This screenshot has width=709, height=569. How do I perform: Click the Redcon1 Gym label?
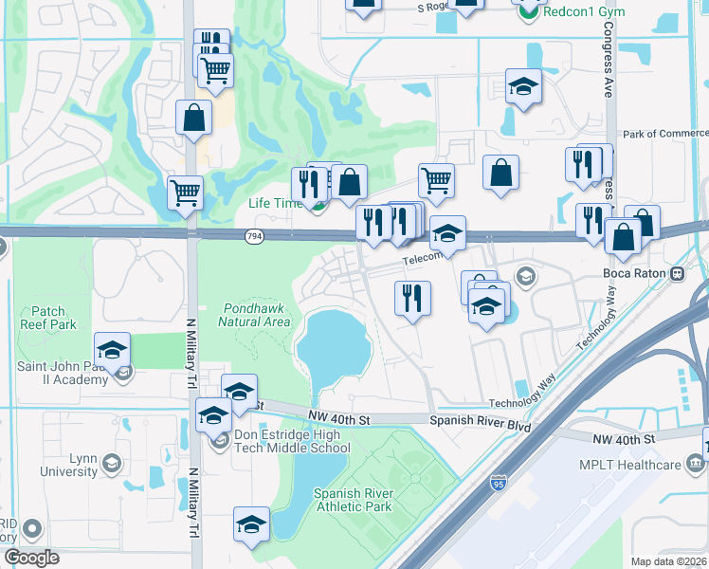click(580, 8)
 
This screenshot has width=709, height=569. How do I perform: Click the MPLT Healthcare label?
click(630, 465)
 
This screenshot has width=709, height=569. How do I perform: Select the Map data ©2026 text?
click(668, 561)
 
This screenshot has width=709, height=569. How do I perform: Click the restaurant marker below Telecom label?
click(412, 298)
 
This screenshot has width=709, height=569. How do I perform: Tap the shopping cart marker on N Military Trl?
click(185, 192)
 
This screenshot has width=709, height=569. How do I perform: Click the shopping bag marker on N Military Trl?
click(193, 119)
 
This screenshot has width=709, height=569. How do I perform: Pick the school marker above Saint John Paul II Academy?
click(112, 350)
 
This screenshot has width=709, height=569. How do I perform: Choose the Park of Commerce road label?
click(663, 134)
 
